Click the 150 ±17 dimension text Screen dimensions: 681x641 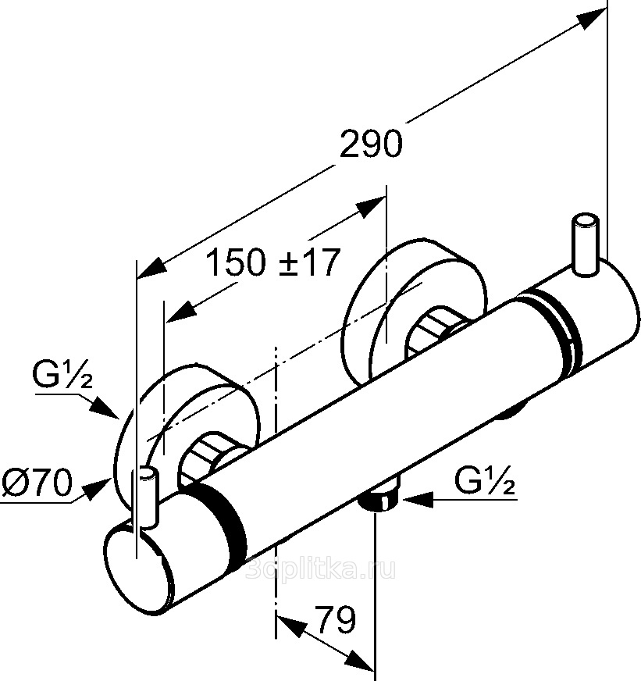click(272, 263)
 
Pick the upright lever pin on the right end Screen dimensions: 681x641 click(585, 243)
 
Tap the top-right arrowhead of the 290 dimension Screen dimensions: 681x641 click(593, 16)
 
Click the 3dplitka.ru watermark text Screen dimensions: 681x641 click(320, 569)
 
